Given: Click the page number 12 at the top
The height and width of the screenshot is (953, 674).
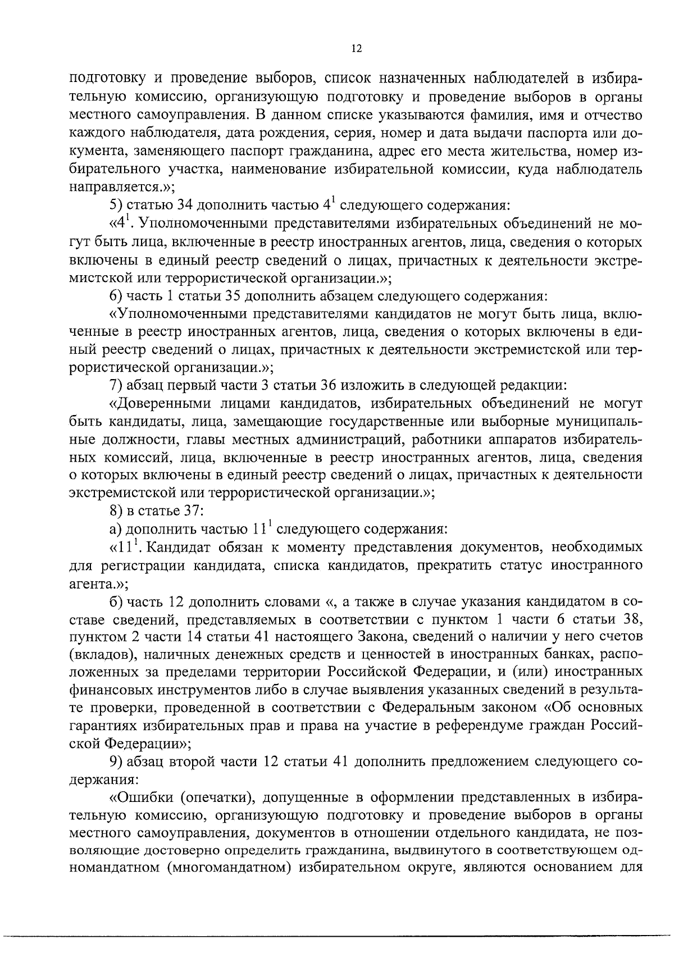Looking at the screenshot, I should point(356,48).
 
